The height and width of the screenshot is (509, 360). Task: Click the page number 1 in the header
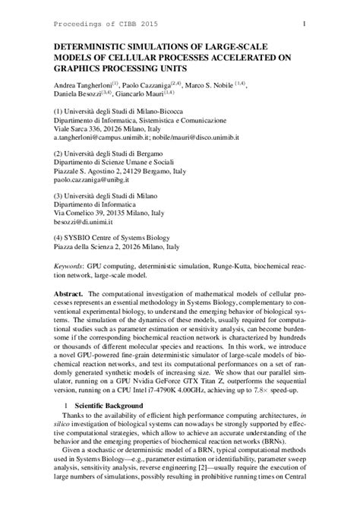304,24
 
